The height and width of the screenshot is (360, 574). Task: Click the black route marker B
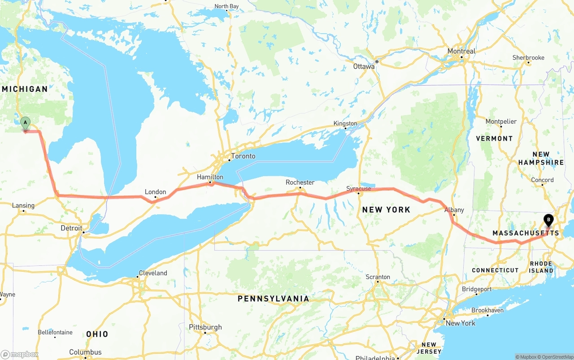coord(548,220)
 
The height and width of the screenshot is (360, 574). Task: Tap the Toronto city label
coord(243,156)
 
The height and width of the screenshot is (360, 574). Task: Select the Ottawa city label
coord(364,66)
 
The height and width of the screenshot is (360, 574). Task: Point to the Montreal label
coord(461,51)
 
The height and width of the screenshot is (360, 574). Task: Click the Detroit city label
coord(71,228)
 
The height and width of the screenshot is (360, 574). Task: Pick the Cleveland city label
coord(153,273)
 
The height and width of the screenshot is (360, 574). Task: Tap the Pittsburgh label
coord(205,327)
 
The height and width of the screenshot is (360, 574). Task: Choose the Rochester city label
coord(300,182)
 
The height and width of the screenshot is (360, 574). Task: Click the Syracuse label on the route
coord(359,189)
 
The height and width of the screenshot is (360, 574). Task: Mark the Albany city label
coord(454,210)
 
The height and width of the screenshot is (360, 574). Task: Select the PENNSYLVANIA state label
coord(273,299)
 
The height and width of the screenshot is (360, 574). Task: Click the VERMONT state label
coord(494,139)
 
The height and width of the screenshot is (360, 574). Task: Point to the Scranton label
coord(378,277)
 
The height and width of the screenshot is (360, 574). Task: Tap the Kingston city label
coord(345,123)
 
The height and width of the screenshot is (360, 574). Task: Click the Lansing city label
coord(23,205)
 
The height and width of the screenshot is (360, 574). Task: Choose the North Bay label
coord(226,6)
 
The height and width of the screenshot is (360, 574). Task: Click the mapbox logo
coord(20,354)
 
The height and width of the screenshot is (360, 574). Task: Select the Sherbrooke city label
coord(528,57)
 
